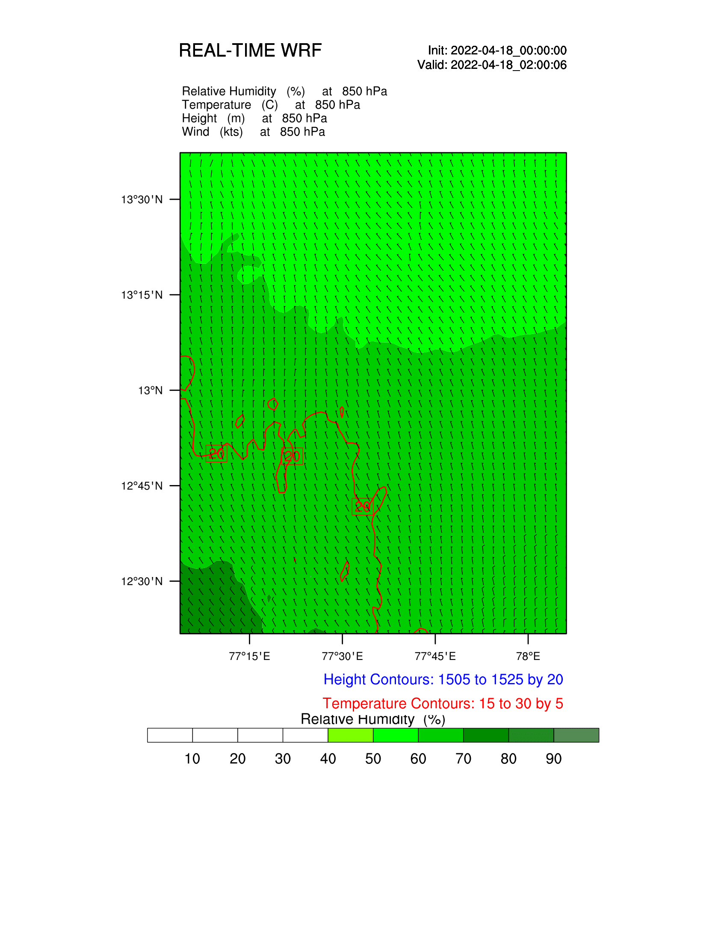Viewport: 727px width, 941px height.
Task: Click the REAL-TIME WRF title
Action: (250, 50)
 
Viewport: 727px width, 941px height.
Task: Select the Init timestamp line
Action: (497, 50)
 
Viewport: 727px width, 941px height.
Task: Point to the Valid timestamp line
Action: (492, 65)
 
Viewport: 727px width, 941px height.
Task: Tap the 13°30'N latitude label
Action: (142, 199)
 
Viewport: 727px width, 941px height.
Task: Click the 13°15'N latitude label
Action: (142, 295)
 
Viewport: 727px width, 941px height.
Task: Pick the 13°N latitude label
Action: (150, 391)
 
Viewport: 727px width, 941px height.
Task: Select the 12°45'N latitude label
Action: (142, 486)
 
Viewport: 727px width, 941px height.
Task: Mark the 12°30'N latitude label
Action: (142, 581)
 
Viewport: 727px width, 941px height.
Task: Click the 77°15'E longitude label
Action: (249, 656)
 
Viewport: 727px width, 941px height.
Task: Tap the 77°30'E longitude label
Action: (343, 656)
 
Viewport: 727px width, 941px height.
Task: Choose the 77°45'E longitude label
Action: (435, 656)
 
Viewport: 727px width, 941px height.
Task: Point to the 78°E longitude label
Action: (528, 656)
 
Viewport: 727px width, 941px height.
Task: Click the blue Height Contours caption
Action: (443, 680)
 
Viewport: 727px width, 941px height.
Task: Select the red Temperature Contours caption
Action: (443, 704)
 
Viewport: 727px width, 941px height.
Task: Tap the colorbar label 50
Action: (373, 759)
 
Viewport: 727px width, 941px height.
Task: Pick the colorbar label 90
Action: (553, 759)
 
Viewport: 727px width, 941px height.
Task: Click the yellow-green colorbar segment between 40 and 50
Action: (351, 735)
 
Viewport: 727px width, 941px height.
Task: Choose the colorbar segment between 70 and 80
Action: (486, 735)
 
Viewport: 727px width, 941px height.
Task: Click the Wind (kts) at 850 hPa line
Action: (253, 132)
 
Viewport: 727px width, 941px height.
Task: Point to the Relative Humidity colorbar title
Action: (372, 719)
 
